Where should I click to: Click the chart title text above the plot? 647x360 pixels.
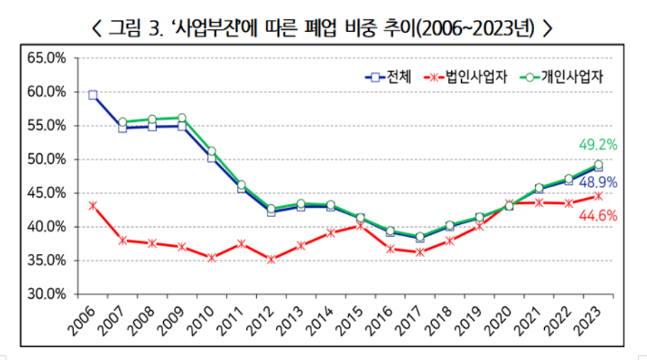[x=323, y=27]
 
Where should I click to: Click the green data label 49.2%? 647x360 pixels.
[x=598, y=144]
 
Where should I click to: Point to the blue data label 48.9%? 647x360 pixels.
[x=598, y=182]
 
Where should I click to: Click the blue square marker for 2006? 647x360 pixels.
[x=93, y=95]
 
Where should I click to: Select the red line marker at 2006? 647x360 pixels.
[x=93, y=206]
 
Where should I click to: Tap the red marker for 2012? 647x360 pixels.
[x=272, y=259]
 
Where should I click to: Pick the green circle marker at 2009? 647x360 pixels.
[x=182, y=118]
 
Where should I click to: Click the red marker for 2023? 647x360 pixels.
[x=598, y=195]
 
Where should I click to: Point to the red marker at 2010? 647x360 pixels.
[x=211, y=258]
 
